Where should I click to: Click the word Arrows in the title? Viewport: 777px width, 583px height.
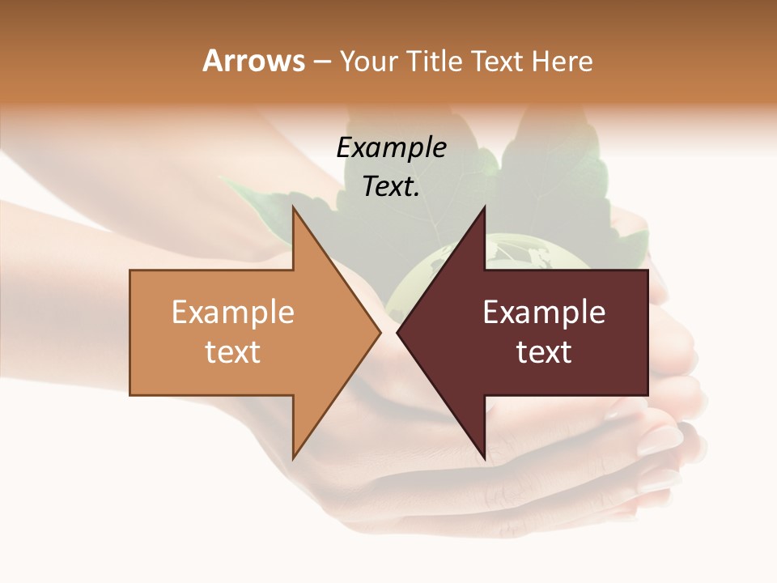coord(253,61)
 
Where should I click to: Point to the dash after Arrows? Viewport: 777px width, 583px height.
coord(321,62)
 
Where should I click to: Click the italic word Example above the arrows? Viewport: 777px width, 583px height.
coord(391,147)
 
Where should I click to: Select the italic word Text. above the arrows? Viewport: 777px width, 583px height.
coord(391,186)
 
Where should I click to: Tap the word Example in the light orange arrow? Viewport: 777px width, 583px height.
coord(233,313)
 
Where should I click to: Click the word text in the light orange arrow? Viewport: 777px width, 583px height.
coord(233,351)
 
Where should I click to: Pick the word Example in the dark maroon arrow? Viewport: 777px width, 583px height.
coord(544,313)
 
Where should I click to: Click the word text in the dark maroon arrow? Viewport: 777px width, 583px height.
coord(544,351)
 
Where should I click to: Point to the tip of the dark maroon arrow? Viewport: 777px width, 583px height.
coord(398,332)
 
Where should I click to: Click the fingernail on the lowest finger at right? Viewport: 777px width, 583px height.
coord(660,479)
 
